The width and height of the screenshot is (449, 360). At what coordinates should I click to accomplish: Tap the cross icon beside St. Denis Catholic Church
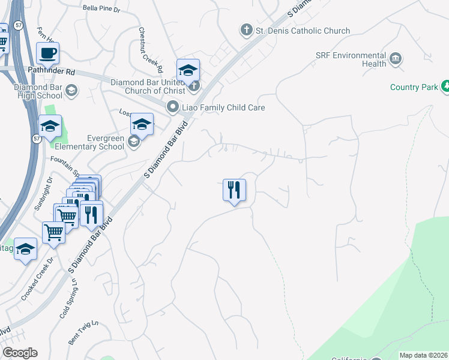tap(246, 29)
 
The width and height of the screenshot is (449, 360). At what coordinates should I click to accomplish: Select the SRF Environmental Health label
tap(351, 59)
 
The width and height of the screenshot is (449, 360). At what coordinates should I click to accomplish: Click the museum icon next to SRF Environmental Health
tap(396, 58)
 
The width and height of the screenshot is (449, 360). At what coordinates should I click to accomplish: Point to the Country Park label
tap(414, 87)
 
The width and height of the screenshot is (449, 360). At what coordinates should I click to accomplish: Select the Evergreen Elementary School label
tap(89, 142)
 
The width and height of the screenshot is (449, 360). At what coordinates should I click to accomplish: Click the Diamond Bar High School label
tap(30, 91)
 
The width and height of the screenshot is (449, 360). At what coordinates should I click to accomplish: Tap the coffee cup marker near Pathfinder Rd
tap(48, 53)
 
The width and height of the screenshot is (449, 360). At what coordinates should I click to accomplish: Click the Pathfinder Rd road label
tap(52, 71)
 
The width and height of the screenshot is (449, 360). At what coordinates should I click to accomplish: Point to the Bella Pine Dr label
tap(101, 9)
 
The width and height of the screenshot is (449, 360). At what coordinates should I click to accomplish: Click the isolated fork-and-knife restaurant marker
tap(234, 190)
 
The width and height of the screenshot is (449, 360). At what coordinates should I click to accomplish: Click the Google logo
tap(20, 353)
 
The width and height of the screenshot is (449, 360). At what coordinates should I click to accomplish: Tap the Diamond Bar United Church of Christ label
tap(151, 86)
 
